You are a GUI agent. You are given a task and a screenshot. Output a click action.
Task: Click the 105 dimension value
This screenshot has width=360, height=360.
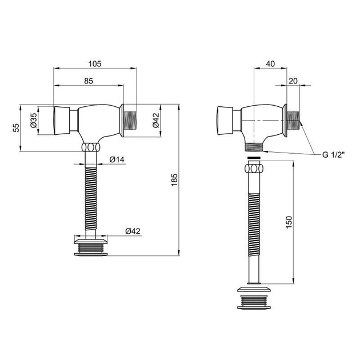coord(95,64)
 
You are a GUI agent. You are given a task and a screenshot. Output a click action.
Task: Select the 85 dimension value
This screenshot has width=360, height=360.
coord(89,81)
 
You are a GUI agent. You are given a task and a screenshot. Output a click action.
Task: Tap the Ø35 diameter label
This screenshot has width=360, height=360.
coord(34,120)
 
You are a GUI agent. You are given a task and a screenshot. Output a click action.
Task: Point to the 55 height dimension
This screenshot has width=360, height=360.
coord(16,128)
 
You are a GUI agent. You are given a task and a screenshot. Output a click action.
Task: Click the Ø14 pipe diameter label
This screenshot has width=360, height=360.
coord(117,159)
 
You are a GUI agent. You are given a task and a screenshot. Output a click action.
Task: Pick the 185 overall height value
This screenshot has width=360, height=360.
coord(174,180)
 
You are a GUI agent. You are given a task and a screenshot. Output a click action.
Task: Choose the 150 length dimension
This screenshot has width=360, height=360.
coord(289,222)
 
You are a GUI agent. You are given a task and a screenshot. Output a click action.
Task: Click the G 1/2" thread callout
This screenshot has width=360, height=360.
coord(334,155)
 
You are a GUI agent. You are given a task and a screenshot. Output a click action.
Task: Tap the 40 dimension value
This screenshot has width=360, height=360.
coord(270,64)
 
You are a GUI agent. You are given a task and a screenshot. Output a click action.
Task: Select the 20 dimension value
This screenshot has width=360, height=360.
coord(293,81)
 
